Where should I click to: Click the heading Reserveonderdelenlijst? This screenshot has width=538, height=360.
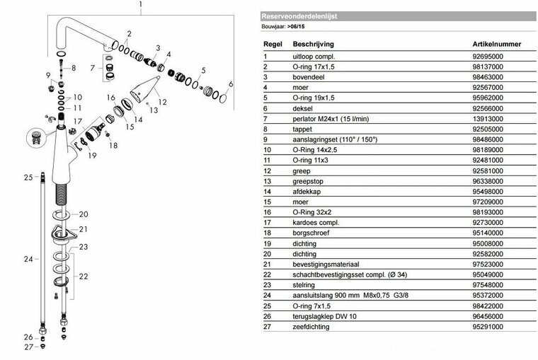(x=290, y=15)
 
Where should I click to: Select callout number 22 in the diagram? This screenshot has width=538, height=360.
(x=84, y=276)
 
